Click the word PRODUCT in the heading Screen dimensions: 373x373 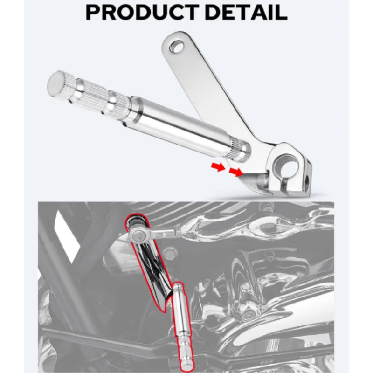142,13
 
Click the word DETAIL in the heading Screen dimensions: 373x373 246,13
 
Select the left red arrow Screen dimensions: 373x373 218,167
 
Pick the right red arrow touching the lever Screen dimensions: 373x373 235,172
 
